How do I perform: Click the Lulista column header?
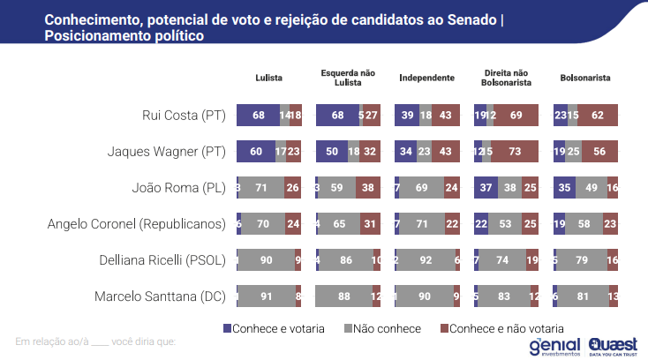(268, 78)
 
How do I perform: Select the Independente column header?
(426, 78)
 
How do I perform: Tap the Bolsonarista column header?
(585, 78)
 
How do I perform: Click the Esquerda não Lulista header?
(347, 78)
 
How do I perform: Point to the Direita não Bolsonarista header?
(506, 78)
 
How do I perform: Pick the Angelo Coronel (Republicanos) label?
(138, 223)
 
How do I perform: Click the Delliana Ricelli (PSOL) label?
(161, 259)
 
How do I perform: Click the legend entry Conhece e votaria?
(273, 328)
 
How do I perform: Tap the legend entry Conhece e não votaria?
(501, 328)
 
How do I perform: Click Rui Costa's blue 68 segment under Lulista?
(258, 116)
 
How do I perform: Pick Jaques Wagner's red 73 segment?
(515, 152)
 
